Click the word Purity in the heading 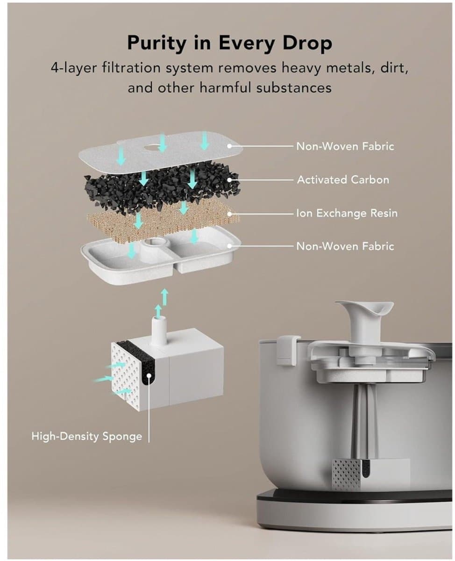pos(156,43)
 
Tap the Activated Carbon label pos(343,180)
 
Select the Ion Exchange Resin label pos(347,213)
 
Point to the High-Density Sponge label pos(87,436)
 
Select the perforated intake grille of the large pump pos(126,374)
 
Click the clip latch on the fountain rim pos(289,350)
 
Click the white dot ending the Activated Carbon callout pos(229,180)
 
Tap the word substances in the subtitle pos(294,88)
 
